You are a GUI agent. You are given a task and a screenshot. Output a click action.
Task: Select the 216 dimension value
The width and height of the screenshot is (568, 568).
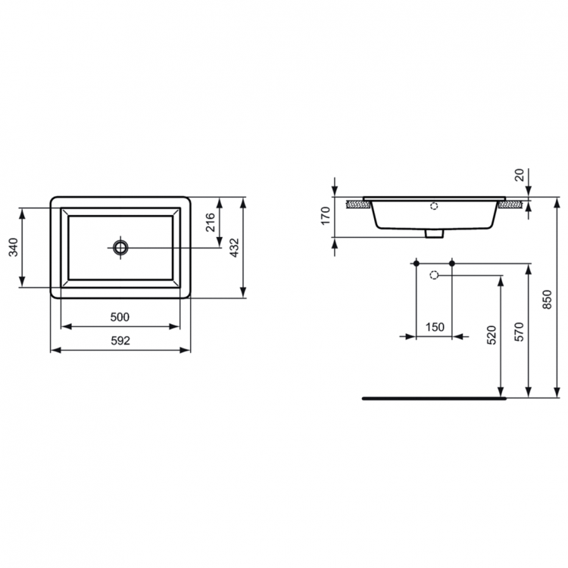[211, 222]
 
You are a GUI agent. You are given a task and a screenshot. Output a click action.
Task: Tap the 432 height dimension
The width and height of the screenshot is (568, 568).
[234, 247]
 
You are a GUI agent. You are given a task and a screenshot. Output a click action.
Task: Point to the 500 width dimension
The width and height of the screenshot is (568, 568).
[120, 317]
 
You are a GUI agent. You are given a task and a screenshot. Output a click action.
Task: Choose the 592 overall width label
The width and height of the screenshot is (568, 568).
[120, 340]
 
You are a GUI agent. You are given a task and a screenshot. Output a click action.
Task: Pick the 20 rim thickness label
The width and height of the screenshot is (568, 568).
[519, 175]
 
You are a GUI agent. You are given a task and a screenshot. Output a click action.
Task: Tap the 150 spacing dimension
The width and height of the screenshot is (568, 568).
[435, 327]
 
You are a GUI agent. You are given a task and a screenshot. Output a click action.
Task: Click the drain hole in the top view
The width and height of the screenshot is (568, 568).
[120, 247]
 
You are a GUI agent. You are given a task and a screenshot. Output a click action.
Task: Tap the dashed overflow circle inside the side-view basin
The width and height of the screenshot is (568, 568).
[434, 205]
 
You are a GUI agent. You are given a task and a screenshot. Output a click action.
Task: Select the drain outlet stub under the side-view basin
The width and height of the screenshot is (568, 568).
[434, 234]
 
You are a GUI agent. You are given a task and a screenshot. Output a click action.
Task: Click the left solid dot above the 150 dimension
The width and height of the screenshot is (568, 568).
[416, 263]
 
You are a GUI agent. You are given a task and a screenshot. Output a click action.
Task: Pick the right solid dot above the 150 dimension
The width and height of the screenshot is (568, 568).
[452, 263]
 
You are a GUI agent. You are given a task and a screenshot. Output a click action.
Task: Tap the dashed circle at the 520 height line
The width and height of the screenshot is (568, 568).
[434, 274]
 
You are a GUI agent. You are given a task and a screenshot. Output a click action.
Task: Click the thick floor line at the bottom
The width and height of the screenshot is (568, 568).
[432, 397]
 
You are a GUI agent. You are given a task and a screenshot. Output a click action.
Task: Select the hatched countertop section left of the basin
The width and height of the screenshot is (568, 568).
[355, 203]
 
